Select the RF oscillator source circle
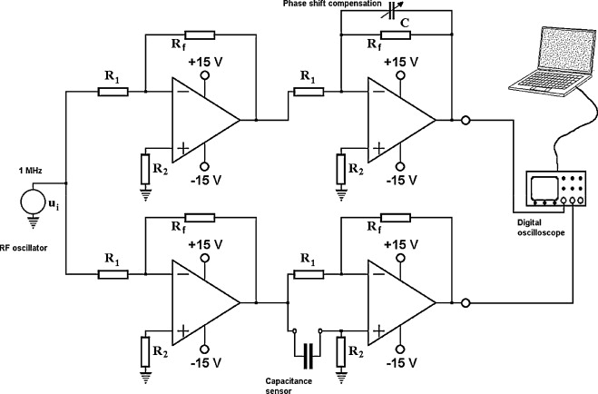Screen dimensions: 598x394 [33, 202]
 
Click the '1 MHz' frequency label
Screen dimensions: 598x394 [31, 171]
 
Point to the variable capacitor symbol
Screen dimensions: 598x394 [391, 12]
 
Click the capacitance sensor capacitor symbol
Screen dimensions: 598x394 [309, 356]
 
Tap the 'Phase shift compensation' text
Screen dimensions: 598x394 [332, 4]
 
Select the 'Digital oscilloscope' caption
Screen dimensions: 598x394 [541, 227]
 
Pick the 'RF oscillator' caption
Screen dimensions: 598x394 [24, 248]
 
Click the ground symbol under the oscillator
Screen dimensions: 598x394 [33, 222]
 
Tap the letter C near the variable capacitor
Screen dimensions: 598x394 [405, 24]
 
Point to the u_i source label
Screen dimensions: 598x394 [53, 205]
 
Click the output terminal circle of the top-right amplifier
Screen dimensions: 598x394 [466, 121]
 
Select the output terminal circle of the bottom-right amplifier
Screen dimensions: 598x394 [466, 303]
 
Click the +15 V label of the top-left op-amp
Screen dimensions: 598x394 [206, 62]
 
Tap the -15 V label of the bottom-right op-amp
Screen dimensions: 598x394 [401, 363]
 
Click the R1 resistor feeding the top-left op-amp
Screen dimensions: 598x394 [113, 92]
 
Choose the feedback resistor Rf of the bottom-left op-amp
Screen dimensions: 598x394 [200, 218]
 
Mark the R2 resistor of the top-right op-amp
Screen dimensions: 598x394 [341, 169]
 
